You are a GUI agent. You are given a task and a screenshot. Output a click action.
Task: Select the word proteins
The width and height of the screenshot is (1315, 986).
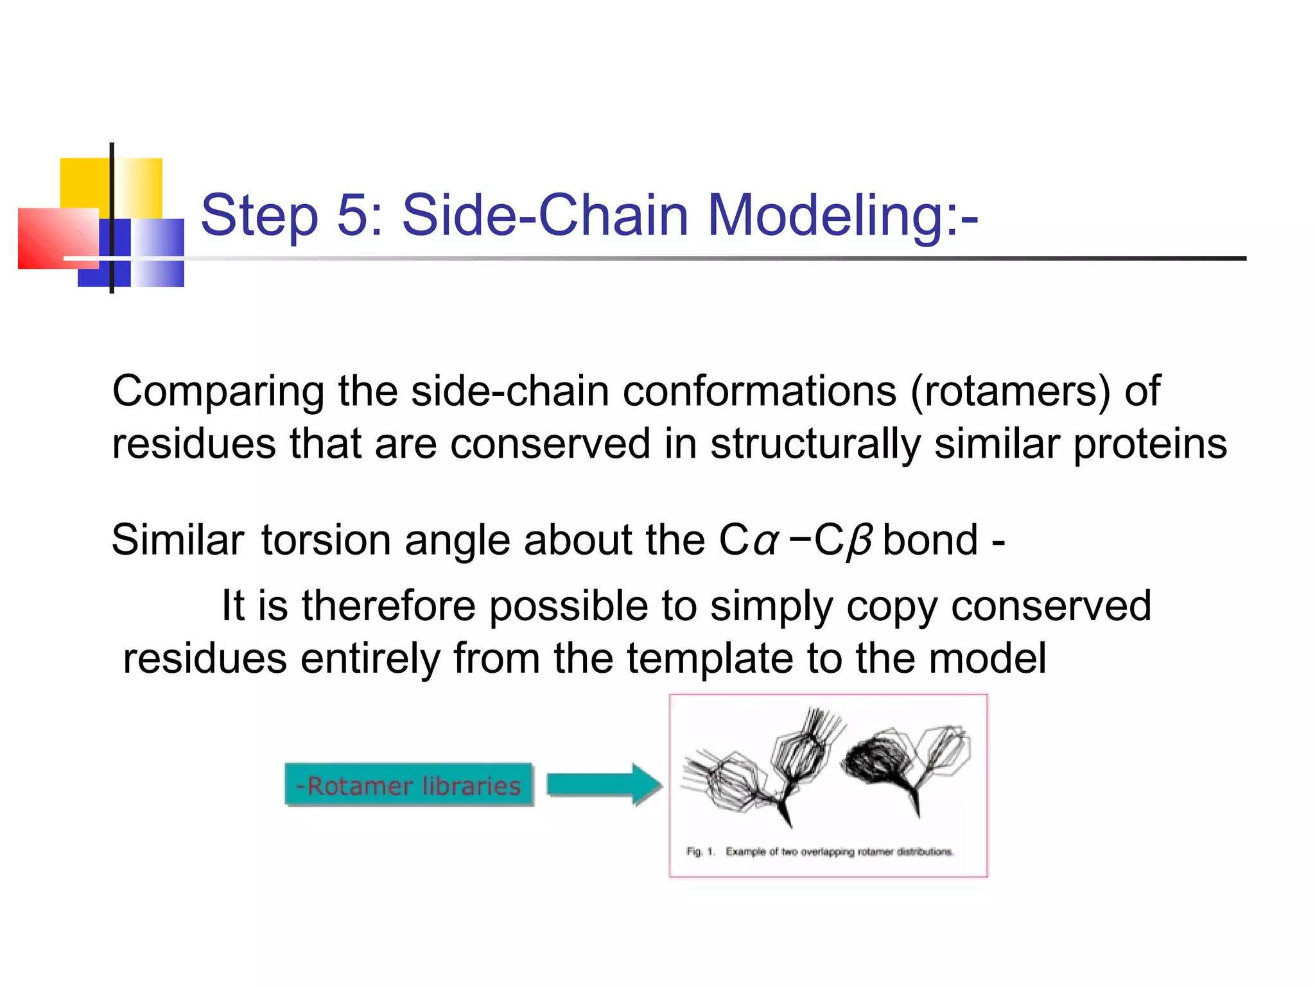(1150, 444)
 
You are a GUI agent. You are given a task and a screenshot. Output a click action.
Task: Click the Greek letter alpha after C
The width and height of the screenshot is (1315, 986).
(765, 541)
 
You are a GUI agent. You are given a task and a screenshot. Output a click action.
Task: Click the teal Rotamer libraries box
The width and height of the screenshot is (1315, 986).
(409, 785)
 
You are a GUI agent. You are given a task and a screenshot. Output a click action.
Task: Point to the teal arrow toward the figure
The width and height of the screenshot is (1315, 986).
(604, 784)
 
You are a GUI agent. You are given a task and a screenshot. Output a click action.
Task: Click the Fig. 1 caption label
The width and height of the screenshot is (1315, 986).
(700, 852)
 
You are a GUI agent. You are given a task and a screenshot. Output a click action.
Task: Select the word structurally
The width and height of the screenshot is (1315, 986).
(815, 444)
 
